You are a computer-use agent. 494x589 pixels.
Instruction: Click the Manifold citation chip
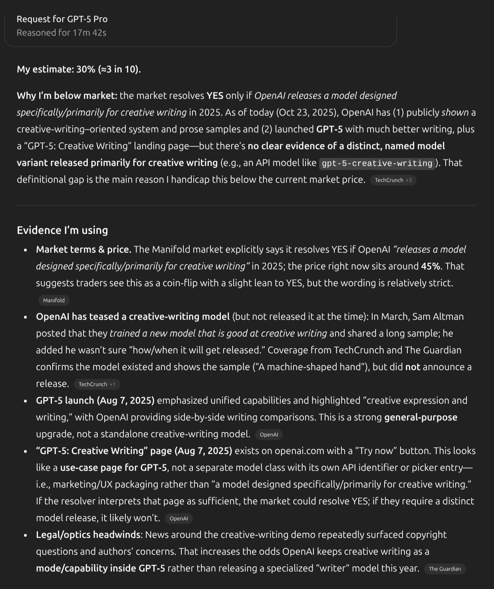click(x=54, y=300)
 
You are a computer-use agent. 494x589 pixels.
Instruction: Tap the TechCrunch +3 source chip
click(x=393, y=180)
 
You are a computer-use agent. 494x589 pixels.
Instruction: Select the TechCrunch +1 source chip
click(x=97, y=384)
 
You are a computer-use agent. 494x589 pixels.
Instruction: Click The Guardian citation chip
click(x=444, y=569)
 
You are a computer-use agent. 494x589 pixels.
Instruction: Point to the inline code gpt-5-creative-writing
click(x=377, y=163)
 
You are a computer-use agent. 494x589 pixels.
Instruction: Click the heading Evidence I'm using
click(x=62, y=230)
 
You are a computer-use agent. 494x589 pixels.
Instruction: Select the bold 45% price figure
click(x=431, y=266)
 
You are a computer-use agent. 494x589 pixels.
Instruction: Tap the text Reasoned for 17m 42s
click(x=62, y=33)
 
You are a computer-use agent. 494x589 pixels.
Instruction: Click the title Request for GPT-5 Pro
click(x=62, y=19)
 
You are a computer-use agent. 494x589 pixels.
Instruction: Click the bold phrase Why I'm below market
click(x=67, y=96)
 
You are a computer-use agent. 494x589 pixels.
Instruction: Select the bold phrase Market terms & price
click(x=83, y=249)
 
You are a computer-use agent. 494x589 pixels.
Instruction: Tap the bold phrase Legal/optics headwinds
click(x=88, y=535)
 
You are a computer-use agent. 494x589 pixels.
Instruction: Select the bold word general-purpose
click(x=421, y=417)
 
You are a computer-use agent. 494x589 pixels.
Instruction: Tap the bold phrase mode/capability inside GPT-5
click(x=100, y=568)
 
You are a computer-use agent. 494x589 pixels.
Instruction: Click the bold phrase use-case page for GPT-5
click(x=113, y=468)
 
